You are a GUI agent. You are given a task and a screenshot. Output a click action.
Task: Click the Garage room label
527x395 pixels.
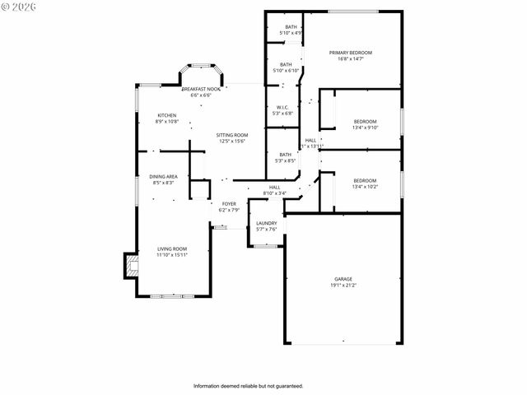point(343,279)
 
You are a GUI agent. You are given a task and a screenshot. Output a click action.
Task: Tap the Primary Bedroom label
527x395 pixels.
point(351,53)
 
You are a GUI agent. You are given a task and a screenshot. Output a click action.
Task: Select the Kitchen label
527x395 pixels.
point(167,115)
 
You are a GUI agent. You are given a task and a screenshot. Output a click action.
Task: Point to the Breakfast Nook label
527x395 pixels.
point(201,89)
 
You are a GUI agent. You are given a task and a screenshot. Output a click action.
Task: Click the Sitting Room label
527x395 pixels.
point(232,135)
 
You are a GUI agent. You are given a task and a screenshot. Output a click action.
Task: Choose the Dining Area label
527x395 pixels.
point(163,177)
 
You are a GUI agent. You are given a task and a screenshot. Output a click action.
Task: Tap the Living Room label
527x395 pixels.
point(172,249)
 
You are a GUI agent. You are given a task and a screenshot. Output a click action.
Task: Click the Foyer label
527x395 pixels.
point(229,204)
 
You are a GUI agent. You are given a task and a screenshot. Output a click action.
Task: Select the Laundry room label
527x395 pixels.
point(266,223)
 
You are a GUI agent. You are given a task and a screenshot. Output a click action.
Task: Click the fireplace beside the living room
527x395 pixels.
point(128,266)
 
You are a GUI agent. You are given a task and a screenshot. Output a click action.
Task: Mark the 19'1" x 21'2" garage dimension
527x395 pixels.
point(344,286)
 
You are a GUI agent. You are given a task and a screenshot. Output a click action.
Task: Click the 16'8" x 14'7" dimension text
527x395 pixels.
point(351,58)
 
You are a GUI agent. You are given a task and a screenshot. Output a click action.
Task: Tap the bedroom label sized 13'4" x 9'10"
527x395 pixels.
point(364,121)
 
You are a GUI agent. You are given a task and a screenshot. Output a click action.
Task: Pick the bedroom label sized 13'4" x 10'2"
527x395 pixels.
point(364,181)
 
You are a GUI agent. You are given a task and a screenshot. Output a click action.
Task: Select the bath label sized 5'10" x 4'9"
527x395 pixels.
point(291,27)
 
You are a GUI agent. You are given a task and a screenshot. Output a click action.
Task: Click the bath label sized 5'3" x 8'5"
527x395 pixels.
point(285,155)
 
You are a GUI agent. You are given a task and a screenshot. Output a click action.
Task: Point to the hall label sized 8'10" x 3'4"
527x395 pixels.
point(274,188)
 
